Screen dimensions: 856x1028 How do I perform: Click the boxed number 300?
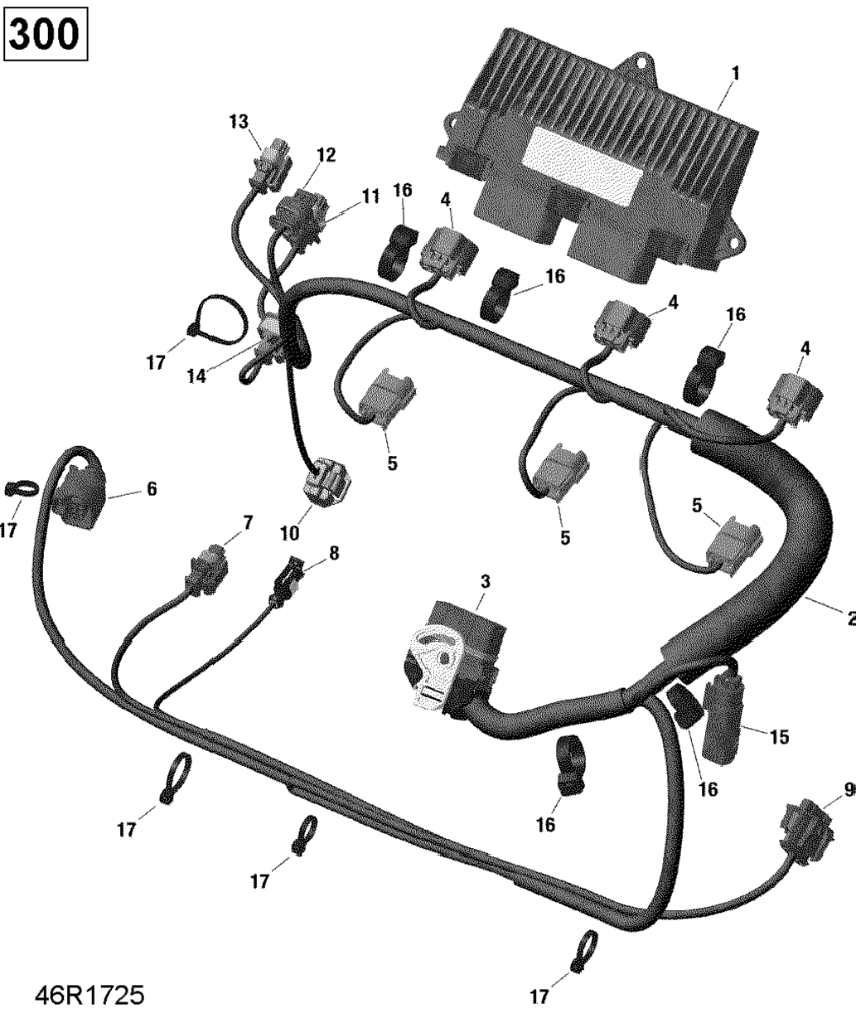click(x=46, y=34)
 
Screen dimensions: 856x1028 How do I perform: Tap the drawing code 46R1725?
click(x=89, y=995)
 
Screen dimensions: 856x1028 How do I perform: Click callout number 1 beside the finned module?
click(x=735, y=74)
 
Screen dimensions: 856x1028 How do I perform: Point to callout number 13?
click(x=239, y=122)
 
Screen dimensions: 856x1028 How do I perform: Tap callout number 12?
click(x=326, y=155)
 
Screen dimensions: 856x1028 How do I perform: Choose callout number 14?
click(x=196, y=376)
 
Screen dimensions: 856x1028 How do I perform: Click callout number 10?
click(x=289, y=533)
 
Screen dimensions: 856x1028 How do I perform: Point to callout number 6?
click(x=152, y=489)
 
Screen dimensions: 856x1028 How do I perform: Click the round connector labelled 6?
click(x=79, y=497)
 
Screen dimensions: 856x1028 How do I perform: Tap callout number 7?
click(x=247, y=522)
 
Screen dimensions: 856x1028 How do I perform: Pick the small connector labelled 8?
click(x=286, y=583)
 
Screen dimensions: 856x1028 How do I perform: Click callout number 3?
click(x=486, y=581)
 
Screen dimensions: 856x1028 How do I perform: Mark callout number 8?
click(x=334, y=553)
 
